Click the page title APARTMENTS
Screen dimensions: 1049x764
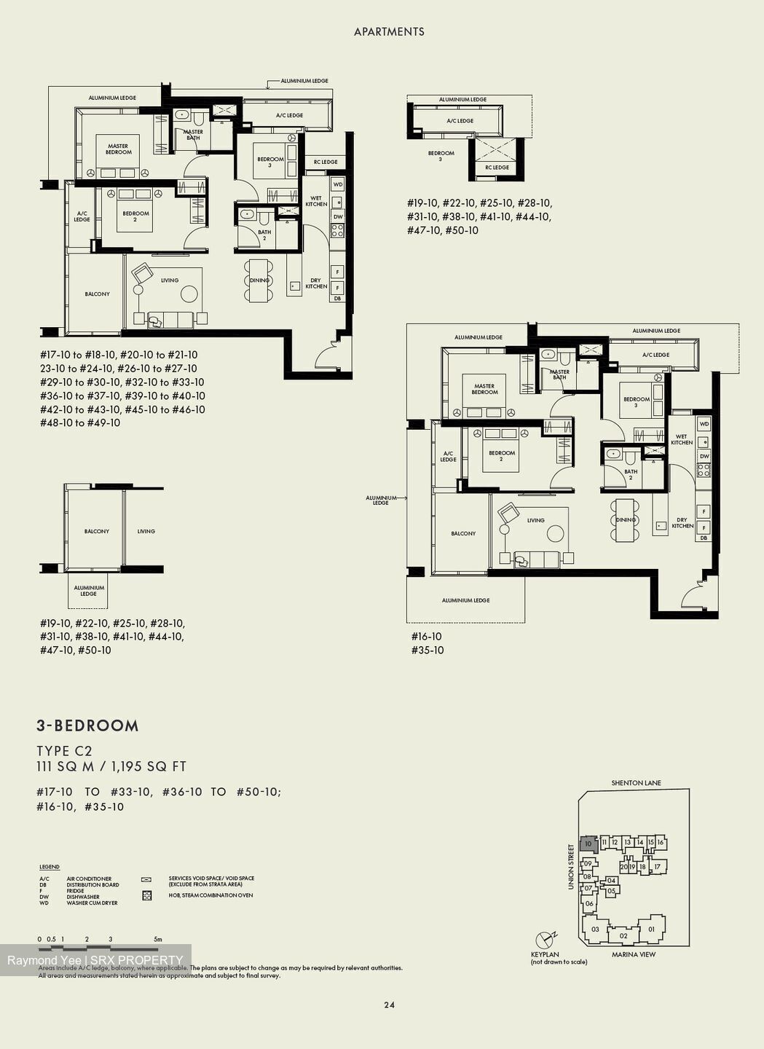pyautogui.click(x=389, y=31)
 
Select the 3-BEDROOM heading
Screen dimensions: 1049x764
pyautogui.click(x=87, y=726)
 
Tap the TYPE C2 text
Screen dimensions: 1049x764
pyautogui.click(x=65, y=751)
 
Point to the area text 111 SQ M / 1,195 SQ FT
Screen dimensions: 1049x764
pyautogui.click(x=111, y=766)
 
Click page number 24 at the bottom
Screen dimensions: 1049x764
pyautogui.click(x=389, y=1005)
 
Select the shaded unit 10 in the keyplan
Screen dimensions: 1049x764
pyautogui.click(x=588, y=844)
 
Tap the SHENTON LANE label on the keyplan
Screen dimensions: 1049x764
pyautogui.click(x=637, y=783)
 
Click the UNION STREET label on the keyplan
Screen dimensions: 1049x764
pyautogui.click(x=571, y=867)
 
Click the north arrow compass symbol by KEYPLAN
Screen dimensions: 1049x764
pyautogui.click(x=544, y=940)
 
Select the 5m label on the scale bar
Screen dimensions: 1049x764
pyautogui.click(x=157, y=939)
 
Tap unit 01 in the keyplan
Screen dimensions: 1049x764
pyautogui.click(x=652, y=929)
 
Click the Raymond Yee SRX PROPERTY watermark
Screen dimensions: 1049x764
pyautogui.click(x=95, y=960)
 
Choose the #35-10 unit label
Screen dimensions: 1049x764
pyautogui.click(x=428, y=650)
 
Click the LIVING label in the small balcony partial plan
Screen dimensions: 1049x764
pyautogui.click(x=146, y=531)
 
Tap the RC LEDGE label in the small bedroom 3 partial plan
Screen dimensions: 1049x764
pyautogui.click(x=497, y=168)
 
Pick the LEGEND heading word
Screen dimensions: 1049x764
pyautogui.click(x=50, y=867)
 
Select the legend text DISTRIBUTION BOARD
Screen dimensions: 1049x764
pyautogui.click(x=92, y=885)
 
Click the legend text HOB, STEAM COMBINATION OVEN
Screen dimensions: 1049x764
pyautogui.click(x=210, y=895)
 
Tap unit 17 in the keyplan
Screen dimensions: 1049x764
pyautogui.click(x=656, y=867)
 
